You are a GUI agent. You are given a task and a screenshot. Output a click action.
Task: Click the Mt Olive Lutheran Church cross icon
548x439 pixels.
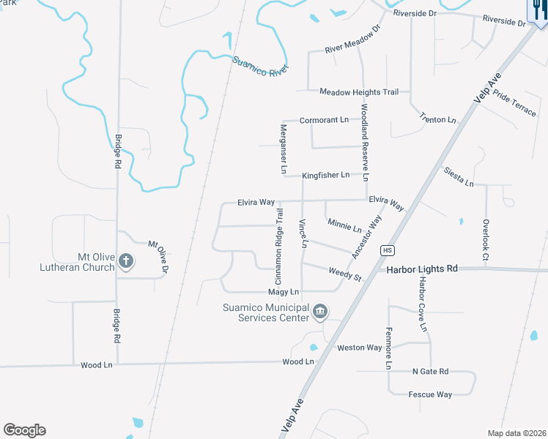(126, 260)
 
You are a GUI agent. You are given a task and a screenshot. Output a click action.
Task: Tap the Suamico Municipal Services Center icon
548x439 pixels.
(319, 312)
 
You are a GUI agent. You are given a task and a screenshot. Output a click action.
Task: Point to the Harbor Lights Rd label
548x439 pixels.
(422, 269)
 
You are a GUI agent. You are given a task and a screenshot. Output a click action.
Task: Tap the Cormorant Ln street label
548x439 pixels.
(325, 120)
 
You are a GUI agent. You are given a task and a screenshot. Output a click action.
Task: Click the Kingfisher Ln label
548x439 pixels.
(326, 176)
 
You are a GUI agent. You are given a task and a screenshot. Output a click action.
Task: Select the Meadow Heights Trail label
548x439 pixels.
(359, 92)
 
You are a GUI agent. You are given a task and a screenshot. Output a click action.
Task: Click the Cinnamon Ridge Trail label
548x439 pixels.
(278, 247)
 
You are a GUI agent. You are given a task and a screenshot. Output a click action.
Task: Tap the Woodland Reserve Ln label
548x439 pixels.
(364, 143)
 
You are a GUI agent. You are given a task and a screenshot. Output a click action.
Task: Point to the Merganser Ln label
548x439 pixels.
(284, 149)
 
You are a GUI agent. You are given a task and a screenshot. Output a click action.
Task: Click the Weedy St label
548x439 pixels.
(346, 274)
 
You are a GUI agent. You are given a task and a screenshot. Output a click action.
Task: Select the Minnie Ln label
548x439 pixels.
(344, 225)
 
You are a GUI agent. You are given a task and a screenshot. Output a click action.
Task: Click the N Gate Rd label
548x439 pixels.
(430, 372)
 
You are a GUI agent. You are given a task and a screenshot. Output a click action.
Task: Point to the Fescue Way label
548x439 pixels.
(430, 395)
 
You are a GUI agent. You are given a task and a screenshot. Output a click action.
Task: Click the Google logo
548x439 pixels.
(24, 430)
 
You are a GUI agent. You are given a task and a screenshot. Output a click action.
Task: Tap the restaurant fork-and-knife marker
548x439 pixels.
(537, 12)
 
